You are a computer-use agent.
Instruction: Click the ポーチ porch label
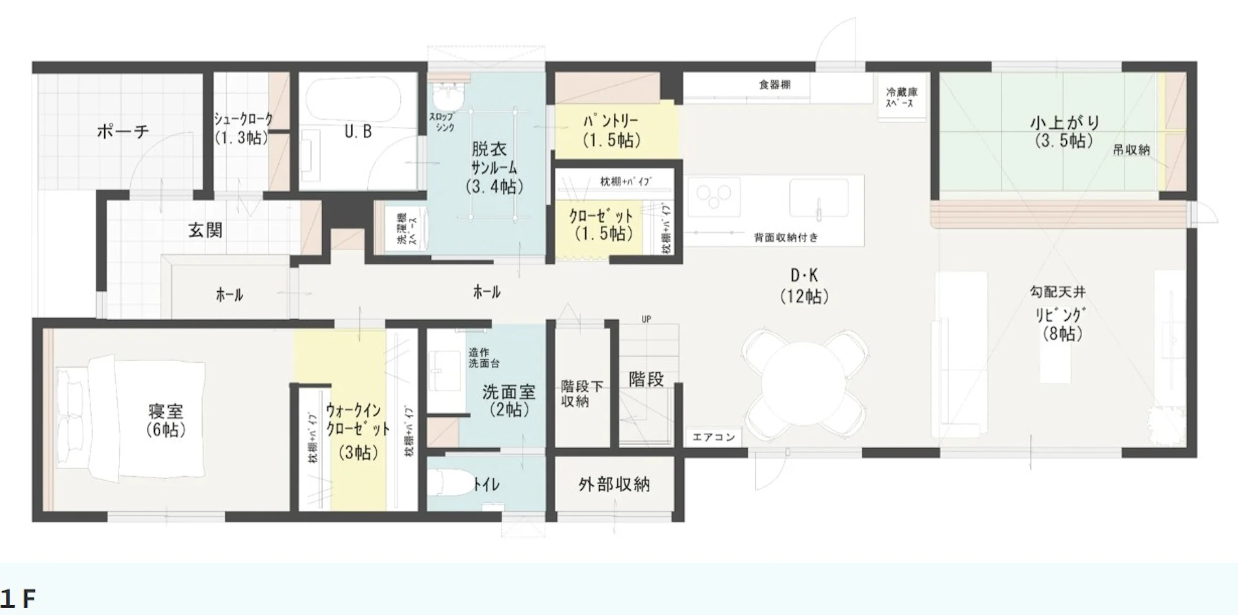tap(122, 131)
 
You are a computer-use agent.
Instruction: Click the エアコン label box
tap(714, 437)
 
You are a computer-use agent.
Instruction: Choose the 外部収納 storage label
tap(614, 485)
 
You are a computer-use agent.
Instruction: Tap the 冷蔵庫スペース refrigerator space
tap(901, 97)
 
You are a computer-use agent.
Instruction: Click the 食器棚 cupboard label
tap(774, 85)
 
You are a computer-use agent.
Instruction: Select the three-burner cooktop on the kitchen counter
tap(714, 197)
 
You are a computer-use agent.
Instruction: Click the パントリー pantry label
tap(611, 130)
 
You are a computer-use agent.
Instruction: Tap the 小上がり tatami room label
tap(1064, 131)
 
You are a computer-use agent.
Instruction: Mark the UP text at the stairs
tap(646, 319)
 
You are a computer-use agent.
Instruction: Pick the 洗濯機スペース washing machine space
tap(407, 229)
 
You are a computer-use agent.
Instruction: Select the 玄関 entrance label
tap(205, 230)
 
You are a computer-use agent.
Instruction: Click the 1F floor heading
tap(18, 599)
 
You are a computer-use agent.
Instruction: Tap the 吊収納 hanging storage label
tap(1131, 150)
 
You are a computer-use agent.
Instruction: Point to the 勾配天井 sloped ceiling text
tap(1057, 292)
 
